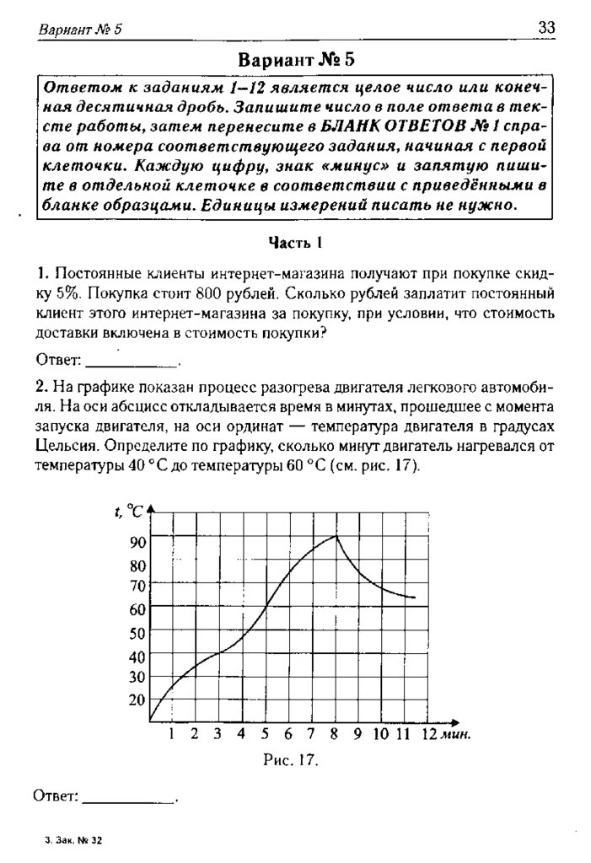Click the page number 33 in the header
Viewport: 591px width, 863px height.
546,29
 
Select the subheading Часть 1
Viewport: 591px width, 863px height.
296,244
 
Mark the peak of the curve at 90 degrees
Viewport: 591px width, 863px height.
337,536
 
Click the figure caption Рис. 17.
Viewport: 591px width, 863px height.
291,759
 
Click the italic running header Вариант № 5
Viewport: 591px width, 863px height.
81,29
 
